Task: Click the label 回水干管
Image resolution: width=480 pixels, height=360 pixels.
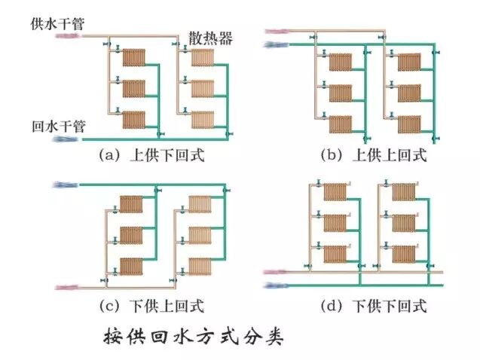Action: (57, 126)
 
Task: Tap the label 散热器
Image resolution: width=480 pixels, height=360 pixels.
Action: (209, 38)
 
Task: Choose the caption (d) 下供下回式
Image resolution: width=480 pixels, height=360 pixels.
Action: (373, 306)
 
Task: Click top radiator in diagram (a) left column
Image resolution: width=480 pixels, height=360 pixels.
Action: (133, 57)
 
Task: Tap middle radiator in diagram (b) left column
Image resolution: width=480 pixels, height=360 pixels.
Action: (341, 92)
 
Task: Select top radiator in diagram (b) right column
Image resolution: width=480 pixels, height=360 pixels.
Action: (408, 61)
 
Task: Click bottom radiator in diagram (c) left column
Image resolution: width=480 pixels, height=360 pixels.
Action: (131, 266)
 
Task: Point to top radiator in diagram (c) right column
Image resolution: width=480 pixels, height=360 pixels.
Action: (200, 204)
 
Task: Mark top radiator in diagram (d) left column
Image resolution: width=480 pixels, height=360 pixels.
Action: (335, 193)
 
